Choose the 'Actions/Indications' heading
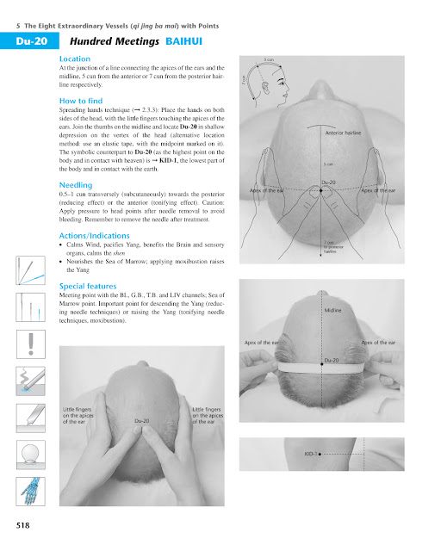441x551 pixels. tap(95, 235)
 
